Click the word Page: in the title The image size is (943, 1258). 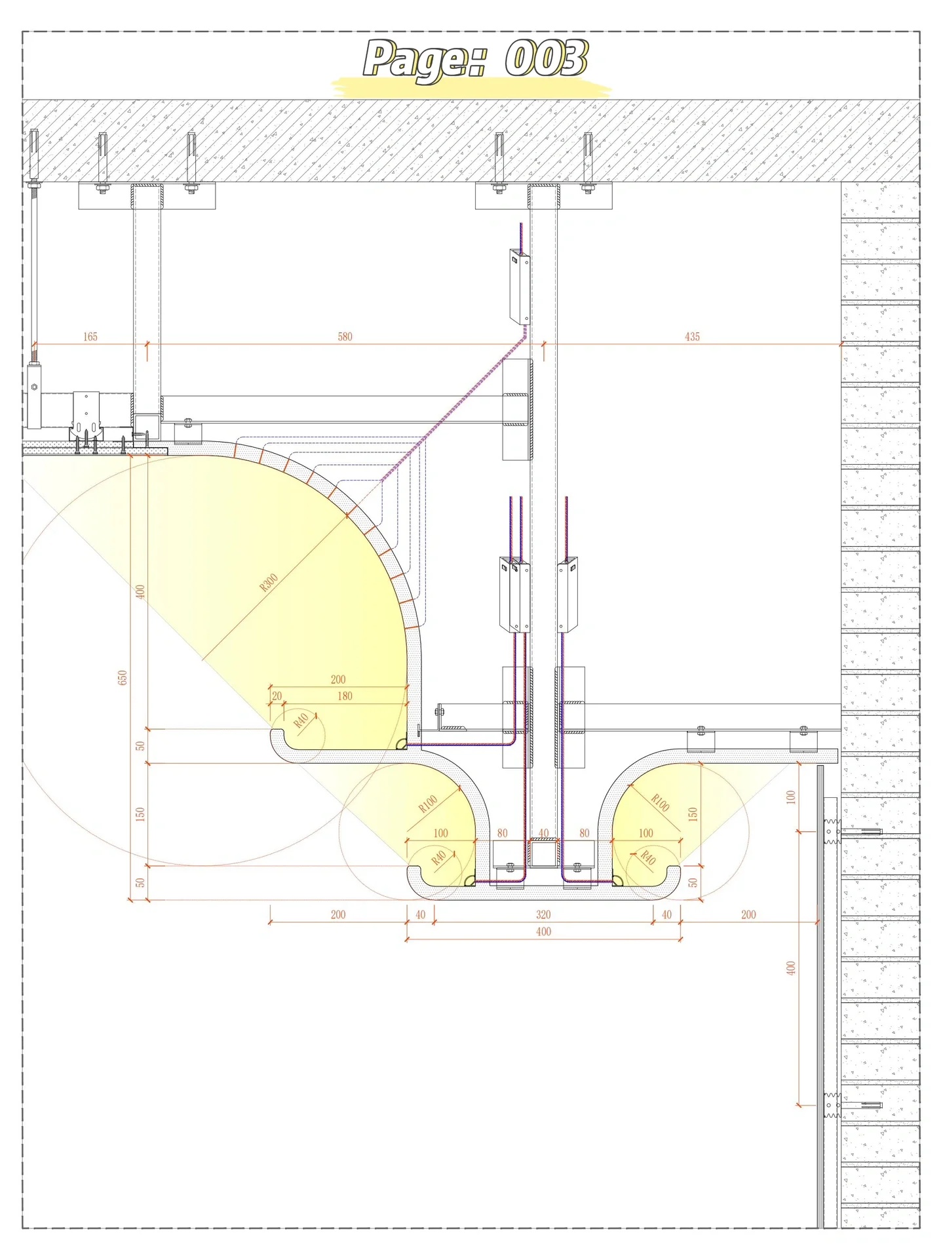coord(425,60)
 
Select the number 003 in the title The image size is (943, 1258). coord(546,58)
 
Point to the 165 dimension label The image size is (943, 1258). coord(90,336)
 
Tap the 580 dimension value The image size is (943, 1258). coord(345,336)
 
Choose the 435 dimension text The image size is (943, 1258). coord(692,336)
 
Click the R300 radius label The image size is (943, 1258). coord(269,582)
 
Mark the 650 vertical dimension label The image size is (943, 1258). coord(122,677)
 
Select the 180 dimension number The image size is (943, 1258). coord(345,696)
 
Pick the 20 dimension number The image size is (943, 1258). coord(277,696)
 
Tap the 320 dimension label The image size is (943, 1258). coord(543,914)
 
